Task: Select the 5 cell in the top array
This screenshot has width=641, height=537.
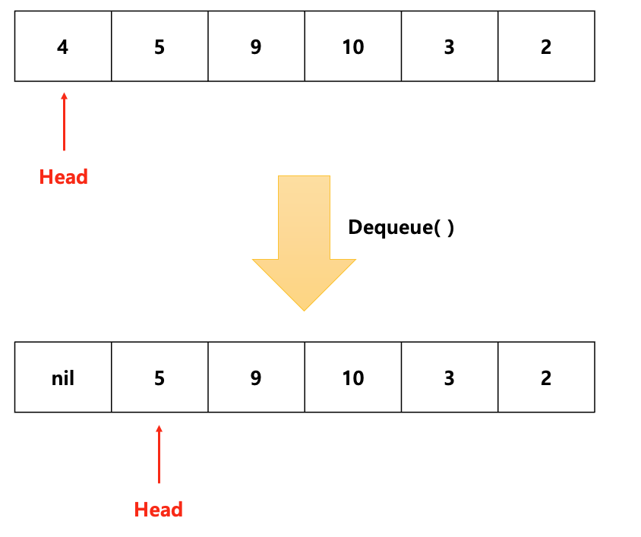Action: click(x=159, y=46)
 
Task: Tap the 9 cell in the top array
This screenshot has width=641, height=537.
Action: click(x=256, y=46)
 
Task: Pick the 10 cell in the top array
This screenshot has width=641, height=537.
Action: click(x=353, y=46)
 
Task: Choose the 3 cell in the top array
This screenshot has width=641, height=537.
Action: click(x=450, y=46)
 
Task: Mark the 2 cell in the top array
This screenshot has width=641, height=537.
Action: click(x=546, y=46)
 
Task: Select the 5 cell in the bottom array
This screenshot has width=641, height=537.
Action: click(x=159, y=377)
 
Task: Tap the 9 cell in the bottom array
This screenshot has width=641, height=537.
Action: click(x=256, y=377)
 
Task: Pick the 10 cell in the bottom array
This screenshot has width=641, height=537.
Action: click(x=353, y=377)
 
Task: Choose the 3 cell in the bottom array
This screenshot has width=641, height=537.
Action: click(x=450, y=377)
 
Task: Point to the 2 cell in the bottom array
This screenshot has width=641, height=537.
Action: click(x=546, y=377)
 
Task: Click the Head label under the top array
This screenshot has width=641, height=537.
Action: click(x=64, y=177)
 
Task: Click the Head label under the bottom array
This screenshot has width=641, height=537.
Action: click(x=159, y=509)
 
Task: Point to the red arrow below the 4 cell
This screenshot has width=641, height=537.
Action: click(x=64, y=122)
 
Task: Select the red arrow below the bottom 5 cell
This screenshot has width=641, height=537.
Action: click(x=159, y=453)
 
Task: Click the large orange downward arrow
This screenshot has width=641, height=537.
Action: click(x=304, y=243)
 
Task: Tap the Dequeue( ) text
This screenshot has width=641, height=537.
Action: click(x=401, y=227)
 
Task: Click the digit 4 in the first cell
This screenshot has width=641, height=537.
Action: click(x=63, y=47)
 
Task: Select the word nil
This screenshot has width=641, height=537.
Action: click(x=63, y=377)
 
